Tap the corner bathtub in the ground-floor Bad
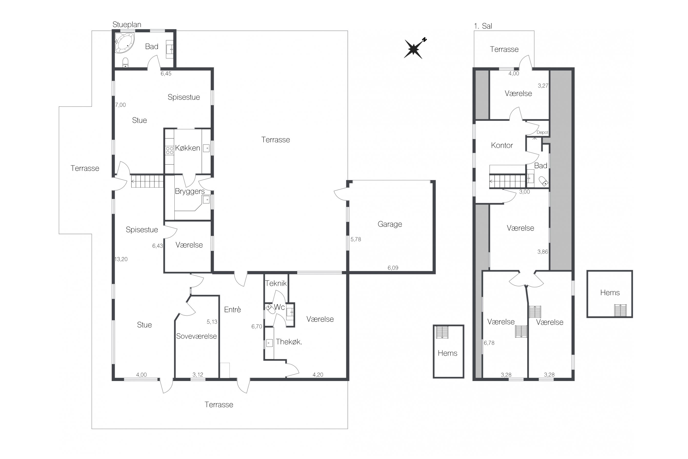124,43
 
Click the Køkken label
187,148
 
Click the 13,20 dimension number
121,259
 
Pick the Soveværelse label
196,336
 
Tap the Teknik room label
276,283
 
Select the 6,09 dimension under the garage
393,268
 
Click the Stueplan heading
127,25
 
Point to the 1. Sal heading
483,26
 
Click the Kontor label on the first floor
502,145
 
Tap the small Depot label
542,132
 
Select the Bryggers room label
190,191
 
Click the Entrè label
233,309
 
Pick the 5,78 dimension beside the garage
356,239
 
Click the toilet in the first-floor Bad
544,181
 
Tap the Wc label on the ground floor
279,307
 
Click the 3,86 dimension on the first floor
543,252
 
